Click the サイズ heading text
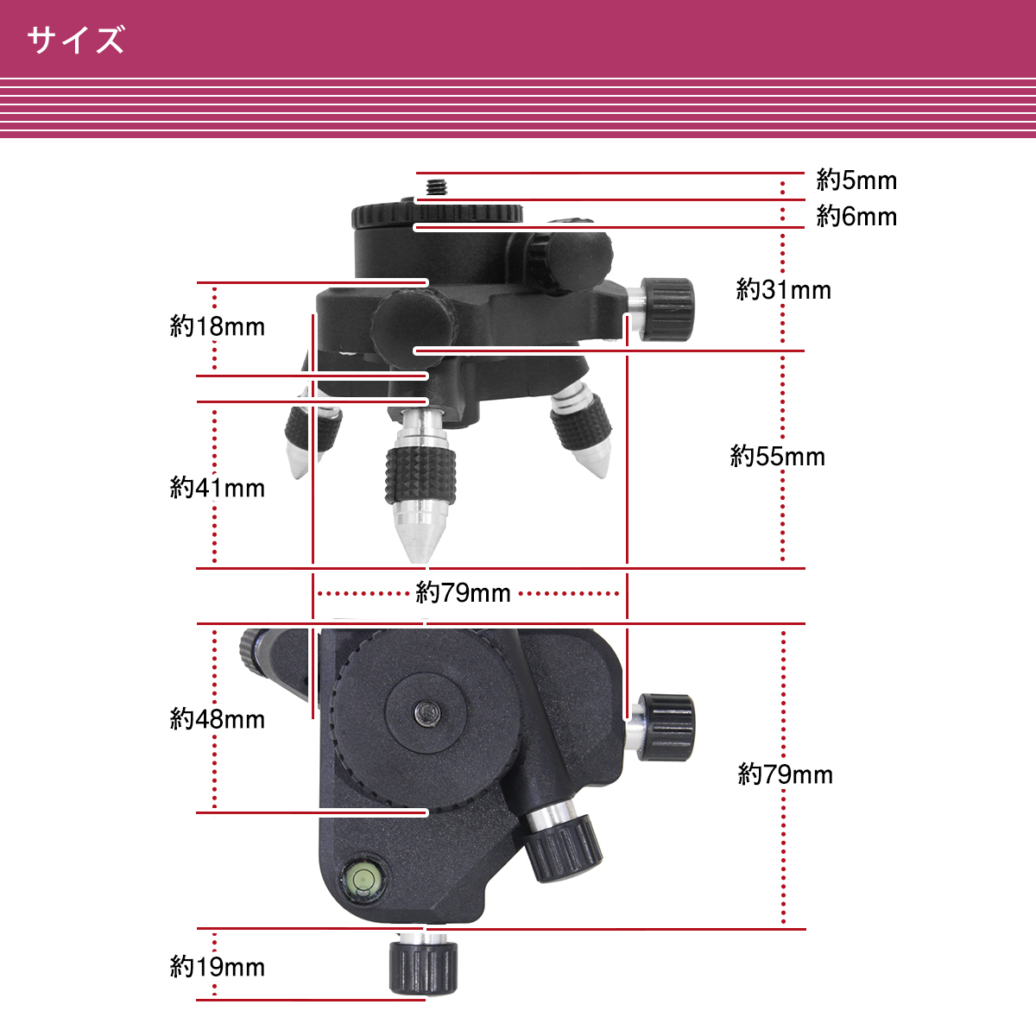(x=76, y=40)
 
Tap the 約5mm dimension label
(x=856, y=180)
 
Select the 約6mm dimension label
(x=856, y=217)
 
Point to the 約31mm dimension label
(x=783, y=290)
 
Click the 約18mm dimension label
(x=218, y=326)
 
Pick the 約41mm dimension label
(x=218, y=488)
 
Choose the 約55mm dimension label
(x=777, y=457)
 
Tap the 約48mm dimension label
(x=218, y=719)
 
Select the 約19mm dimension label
(x=218, y=967)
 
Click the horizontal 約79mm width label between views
(x=463, y=593)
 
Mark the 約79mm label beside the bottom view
(x=785, y=774)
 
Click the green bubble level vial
(x=363, y=880)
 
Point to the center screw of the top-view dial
(x=428, y=713)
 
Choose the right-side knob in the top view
(x=666, y=728)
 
